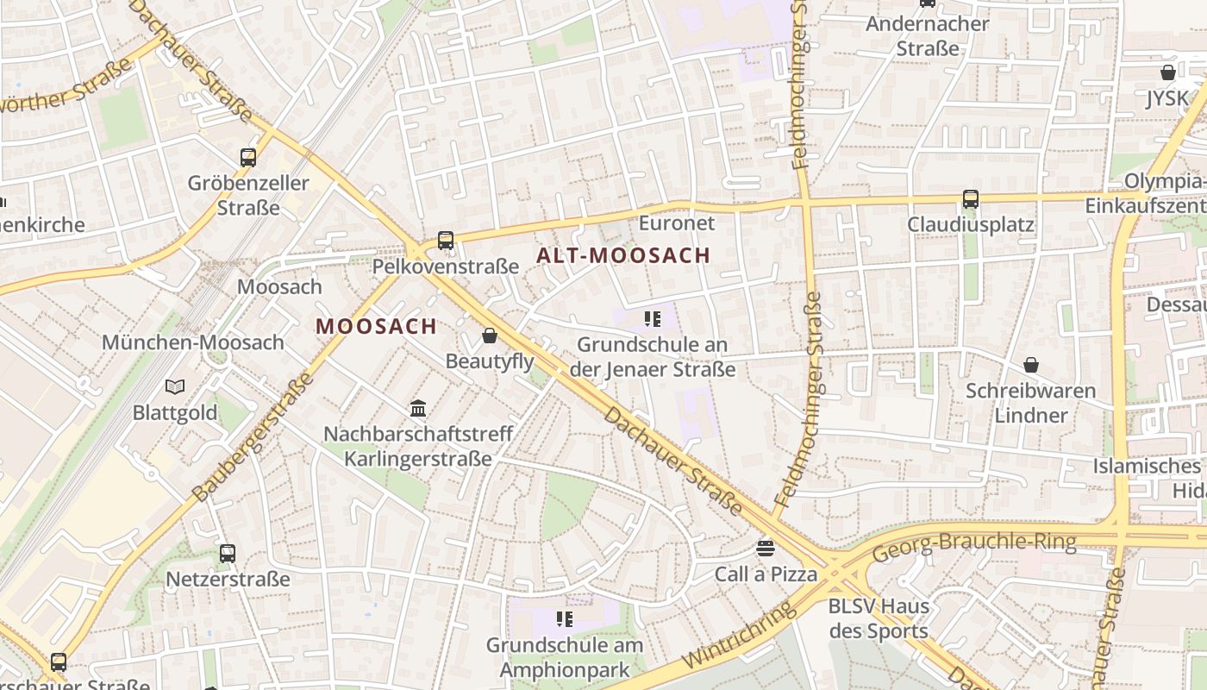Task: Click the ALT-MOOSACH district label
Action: (x=623, y=255)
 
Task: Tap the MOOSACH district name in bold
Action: (x=376, y=326)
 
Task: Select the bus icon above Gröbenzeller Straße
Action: (x=248, y=157)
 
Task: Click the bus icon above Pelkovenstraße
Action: (x=446, y=240)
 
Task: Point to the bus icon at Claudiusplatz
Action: (x=971, y=199)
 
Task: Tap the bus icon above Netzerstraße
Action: (x=228, y=553)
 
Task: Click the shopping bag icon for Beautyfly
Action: (x=490, y=336)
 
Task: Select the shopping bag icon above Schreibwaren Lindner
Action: (x=1030, y=365)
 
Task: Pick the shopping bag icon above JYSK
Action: (x=1168, y=72)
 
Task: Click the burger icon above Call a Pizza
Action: (x=766, y=548)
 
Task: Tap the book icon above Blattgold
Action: (x=175, y=386)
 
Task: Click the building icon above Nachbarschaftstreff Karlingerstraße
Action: (x=418, y=408)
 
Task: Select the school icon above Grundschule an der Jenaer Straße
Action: (x=653, y=319)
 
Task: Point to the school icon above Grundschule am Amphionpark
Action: (x=565, y=618)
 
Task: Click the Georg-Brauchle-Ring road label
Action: (x=974, y=546)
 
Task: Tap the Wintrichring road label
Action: (x=739, y=637)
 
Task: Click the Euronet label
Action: (x=677, y=223)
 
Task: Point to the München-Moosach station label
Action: (x=193, y=342)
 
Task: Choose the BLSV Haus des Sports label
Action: (x=879, y=618)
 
